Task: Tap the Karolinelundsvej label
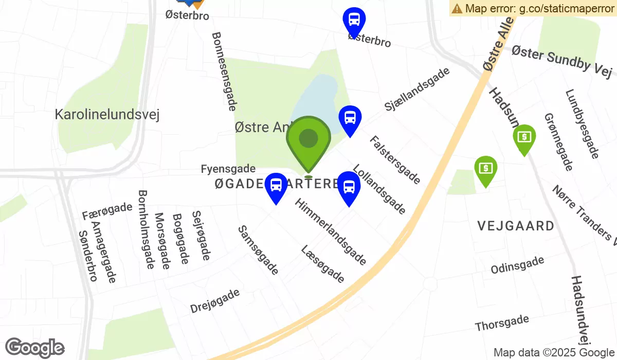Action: tap(107, 114)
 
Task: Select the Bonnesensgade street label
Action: tap(224, 71)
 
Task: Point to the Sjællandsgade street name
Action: tap(417, 89)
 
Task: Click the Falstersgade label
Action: tap(395, 159)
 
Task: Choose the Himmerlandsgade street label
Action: tap(331, 232)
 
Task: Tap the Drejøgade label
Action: tap(215, 301)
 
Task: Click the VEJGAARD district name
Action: tap(516, 225)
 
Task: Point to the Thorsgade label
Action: tap(502, 323)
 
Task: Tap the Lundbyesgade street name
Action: tap(582, 124)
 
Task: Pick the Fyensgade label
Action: tap(228, 169)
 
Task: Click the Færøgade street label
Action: tap(107, 211)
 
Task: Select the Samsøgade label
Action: tap(258, 250)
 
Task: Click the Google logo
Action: tap(34, 348)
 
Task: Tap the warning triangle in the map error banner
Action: tap(457, 8)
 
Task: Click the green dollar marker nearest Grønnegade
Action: tap(524, 137)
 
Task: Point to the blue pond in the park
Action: tap(316, 100)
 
